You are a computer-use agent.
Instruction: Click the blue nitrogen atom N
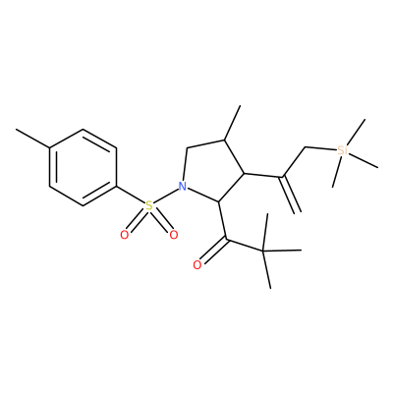pos(183,187)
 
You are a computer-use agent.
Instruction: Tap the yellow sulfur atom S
pos(149,206)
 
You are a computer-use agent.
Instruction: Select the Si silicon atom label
pos(342,151)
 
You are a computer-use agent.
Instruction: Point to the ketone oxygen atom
pos(197,265)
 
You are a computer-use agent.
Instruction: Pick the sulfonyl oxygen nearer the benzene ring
pos(124,235)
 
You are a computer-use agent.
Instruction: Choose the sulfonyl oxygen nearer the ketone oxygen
pos(173,235)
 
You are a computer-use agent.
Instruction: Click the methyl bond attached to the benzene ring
pos(32,139)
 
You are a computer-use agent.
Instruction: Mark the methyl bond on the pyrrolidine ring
pos(232,123)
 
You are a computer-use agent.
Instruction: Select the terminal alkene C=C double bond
pos(291,195)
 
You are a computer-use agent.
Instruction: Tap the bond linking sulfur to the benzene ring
pos(131,196)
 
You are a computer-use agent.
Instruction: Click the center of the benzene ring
pos(83,168)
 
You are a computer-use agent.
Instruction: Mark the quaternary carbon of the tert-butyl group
pos(263,252)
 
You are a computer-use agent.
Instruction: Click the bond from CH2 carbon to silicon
pos(320,148)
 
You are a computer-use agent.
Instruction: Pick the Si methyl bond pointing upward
pos(356,133)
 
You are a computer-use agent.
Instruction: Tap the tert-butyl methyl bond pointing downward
pos(267,270)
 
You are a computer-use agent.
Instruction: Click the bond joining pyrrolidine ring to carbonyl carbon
pos(222,221)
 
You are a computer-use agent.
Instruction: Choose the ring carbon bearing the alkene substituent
pos(244,173)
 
